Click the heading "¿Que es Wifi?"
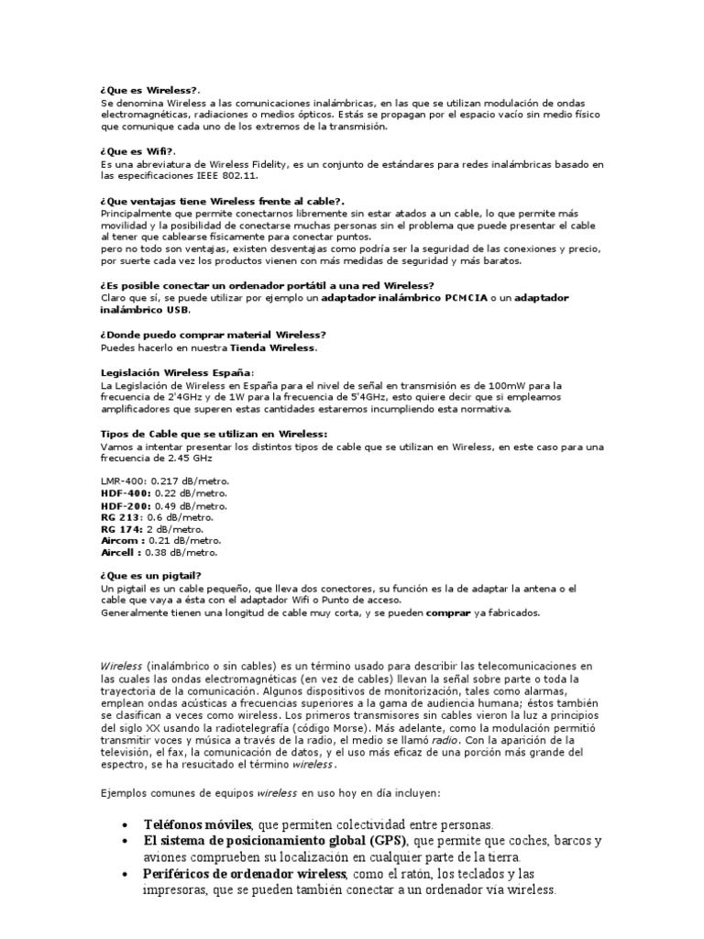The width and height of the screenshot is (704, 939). (x=137, y=152)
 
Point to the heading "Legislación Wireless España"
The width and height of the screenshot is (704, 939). (x=174, y=374)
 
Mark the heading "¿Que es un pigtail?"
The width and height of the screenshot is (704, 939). (x=151, y=576)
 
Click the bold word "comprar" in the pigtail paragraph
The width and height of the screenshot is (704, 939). (x=448, y=613)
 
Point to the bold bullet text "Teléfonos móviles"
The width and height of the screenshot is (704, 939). (x=199, y=824)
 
